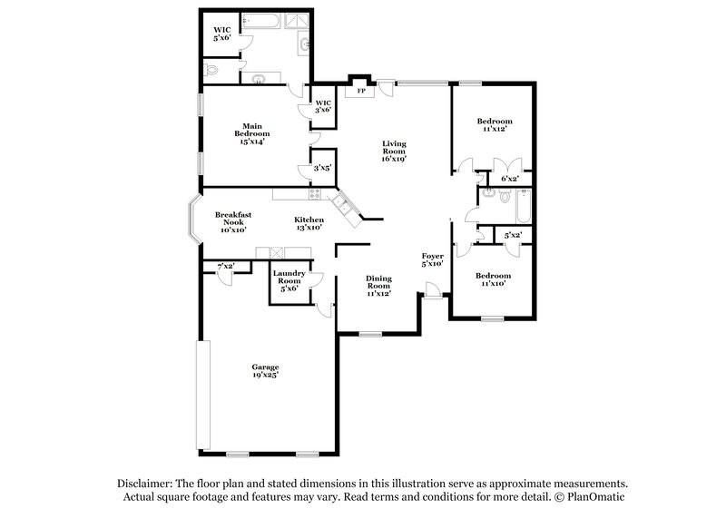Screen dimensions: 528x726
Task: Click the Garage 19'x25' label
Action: (x=265, y=370)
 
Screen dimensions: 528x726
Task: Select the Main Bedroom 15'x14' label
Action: (x=252, y=132)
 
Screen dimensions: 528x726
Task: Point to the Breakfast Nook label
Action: (x=233, y=222)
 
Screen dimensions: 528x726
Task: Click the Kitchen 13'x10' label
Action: (x=309, y=223)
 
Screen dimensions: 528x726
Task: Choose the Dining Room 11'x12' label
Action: (x=378, y=286)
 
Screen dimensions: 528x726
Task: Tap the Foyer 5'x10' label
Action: (x=431, y=260)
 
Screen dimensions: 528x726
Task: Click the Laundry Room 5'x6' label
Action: (x=290, y=281)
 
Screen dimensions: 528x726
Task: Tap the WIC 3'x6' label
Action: (x=323, y=106)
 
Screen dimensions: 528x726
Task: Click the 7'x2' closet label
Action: (x=225, y=266)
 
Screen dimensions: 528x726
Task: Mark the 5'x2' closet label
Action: (x=513, y=236)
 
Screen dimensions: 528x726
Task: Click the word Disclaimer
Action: (x=147, y=484)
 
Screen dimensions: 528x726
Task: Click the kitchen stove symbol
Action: (x=315, y=192)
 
